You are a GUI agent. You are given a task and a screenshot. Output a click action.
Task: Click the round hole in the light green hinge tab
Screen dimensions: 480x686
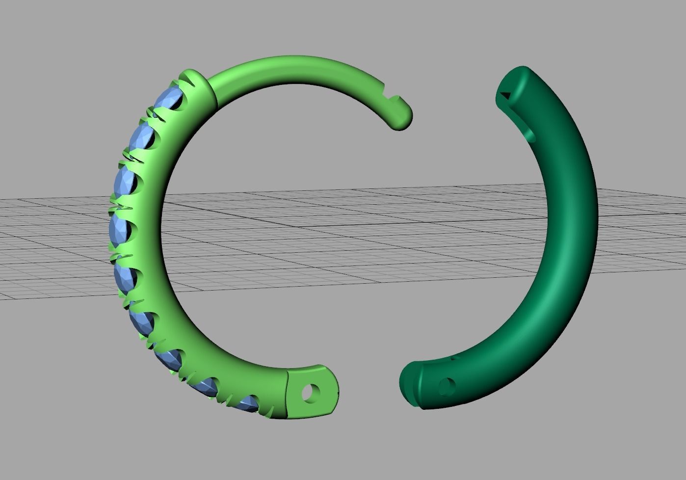click(x=311, y=393)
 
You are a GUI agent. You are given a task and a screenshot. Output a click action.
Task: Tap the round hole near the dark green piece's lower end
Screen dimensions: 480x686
click(x=446, y=387)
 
